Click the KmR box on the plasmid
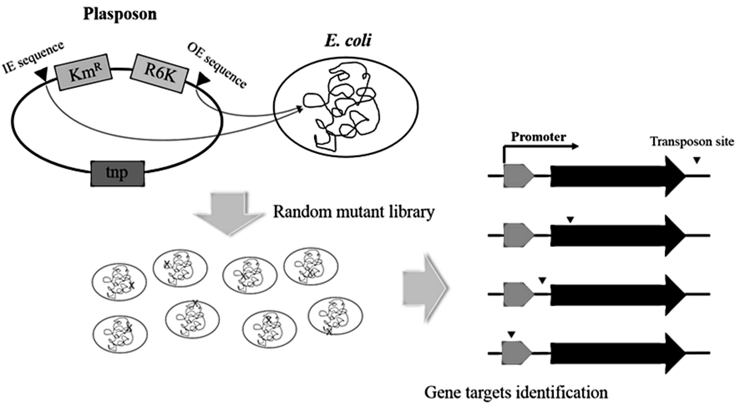(x=83, y=72)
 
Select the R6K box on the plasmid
(x=160, y=73)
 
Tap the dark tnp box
(x=118, y=173)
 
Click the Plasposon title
(x=120, y=14)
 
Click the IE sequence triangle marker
(x=41, y=75)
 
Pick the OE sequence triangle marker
(x=203, y=79)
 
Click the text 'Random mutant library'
(x=354, y=212)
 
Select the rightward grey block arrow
(x=425, y=287)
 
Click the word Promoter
(x=538, y=137)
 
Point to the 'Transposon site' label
(x=692, y=142)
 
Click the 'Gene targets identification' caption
(x=516, y=392)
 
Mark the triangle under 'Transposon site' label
(x=696, y=160)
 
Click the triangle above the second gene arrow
(x=570, y=220)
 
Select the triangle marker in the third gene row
(x=542, y=281)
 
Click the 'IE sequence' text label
(x=33, y=57)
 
